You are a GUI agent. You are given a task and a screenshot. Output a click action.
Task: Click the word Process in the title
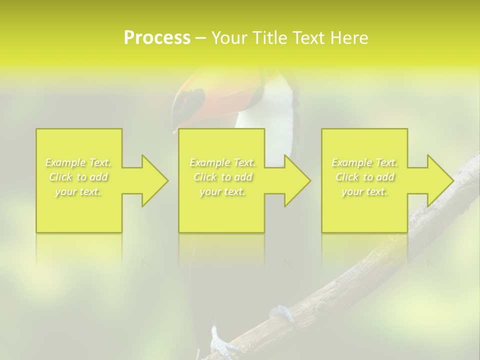click(157, 38)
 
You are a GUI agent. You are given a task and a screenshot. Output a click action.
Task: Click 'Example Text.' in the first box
click(78, 162)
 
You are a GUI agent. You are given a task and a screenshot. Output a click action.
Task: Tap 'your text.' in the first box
click(78, 191)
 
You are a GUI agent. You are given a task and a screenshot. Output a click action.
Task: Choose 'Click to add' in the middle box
click(222, 177)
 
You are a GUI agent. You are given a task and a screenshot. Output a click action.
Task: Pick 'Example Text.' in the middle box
click(222, 162)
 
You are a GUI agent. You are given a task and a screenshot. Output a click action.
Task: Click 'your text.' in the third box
click(364, 191)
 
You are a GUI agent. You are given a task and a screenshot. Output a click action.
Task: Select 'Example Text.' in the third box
click(364, 162)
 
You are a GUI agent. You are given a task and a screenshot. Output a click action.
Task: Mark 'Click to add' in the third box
click(364, 177)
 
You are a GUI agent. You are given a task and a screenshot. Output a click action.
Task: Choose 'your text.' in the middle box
click(222, 191)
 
